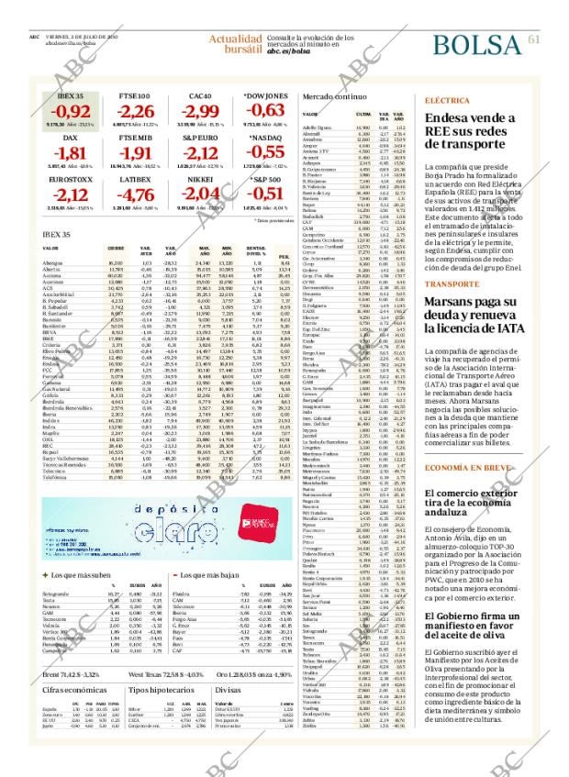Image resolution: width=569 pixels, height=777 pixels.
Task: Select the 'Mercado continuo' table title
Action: pyautogui.click(x=336, y=96)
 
